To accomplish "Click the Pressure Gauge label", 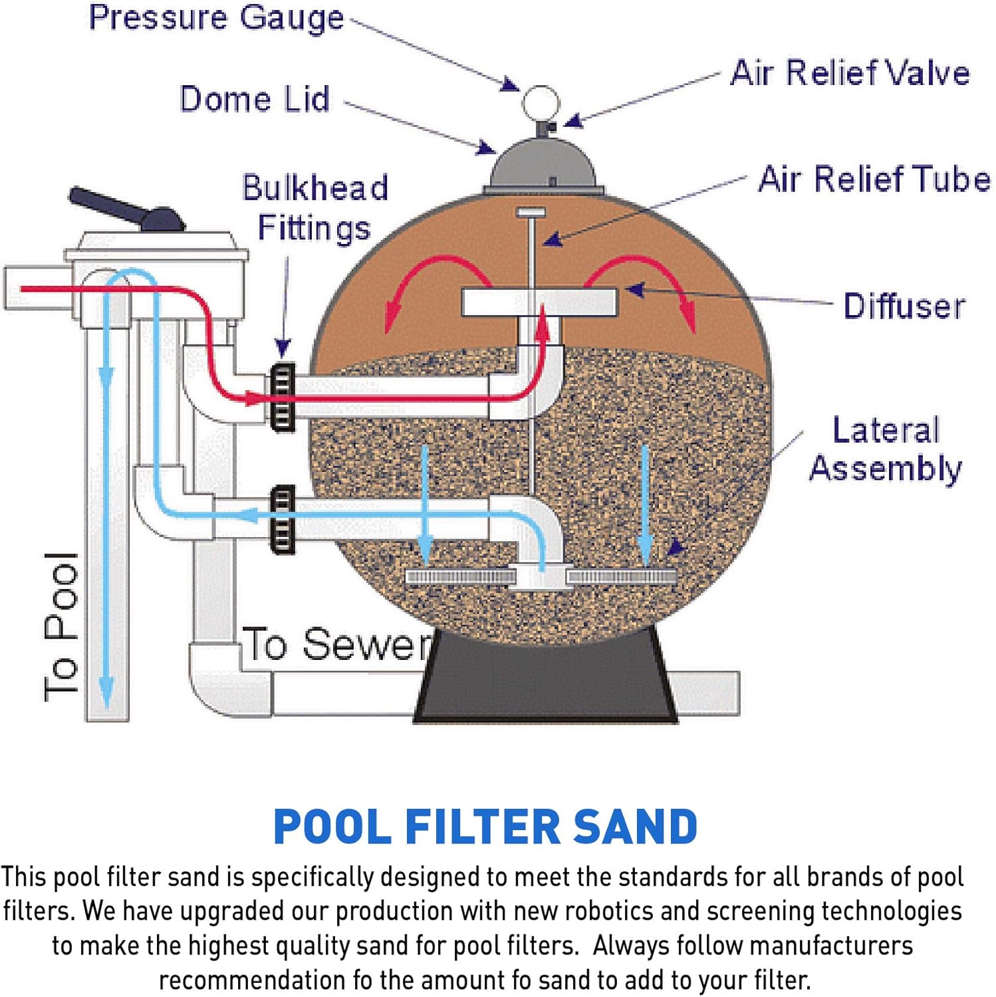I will pos(216,19).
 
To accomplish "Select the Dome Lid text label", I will pos(255,100).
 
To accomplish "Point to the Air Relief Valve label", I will pos(850,73).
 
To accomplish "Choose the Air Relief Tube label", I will pos(874,179).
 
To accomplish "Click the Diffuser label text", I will pos(904,306).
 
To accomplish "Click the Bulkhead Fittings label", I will pos(314,207).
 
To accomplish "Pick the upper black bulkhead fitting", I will pos(282,397).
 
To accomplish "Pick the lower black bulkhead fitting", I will pos(282,520).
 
